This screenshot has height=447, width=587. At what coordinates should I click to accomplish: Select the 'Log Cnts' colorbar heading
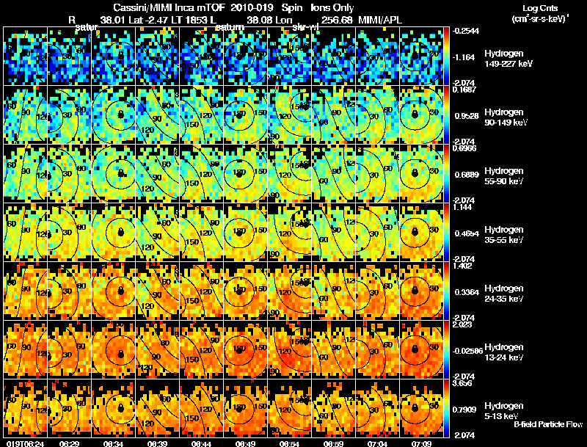pyautogui.click(x=535, y=7)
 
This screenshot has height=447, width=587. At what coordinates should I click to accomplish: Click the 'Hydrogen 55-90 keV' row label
pyautogui.click(x=505, y=176)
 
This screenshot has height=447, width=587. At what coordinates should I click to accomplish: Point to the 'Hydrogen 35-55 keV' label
pyautogui.click(x=505, y=235)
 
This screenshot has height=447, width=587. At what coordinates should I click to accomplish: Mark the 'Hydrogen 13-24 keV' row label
pyautogui.click(x=505, y=352)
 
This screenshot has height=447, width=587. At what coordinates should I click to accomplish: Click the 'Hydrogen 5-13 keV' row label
pyautogui.click(x=503, y=410)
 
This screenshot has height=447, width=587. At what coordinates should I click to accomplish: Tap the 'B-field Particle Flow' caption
pyautogui.click(x=547, y=424)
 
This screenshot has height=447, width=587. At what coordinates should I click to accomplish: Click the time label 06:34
pyautogui.click(x=113, y=443)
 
